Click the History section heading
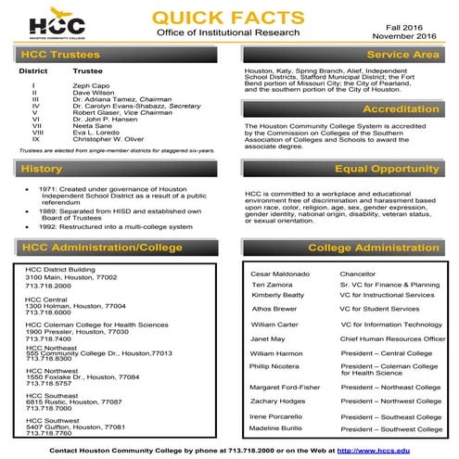click(41, 170)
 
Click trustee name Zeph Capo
click(91, 84)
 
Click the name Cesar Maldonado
click(280, 274)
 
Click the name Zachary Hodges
click(278, 401)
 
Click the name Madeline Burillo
click(277, 428)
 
